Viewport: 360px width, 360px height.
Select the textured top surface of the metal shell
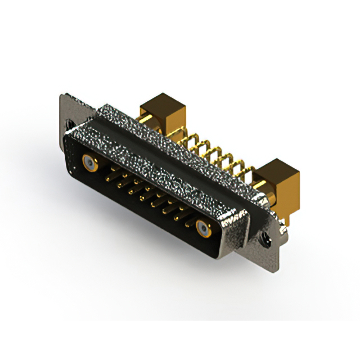click(169, 152)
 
